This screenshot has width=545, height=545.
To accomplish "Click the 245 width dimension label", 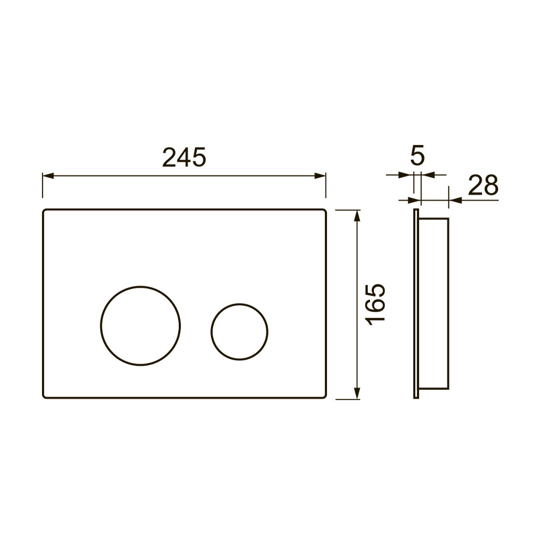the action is [184, 157].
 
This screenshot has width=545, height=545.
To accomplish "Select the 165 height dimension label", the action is [377, 305].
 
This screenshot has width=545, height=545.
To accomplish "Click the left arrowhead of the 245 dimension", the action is [48, 175].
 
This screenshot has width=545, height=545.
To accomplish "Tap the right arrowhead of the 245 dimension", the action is [320, 175].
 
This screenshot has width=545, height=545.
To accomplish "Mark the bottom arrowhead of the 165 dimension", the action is [356, 393].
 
